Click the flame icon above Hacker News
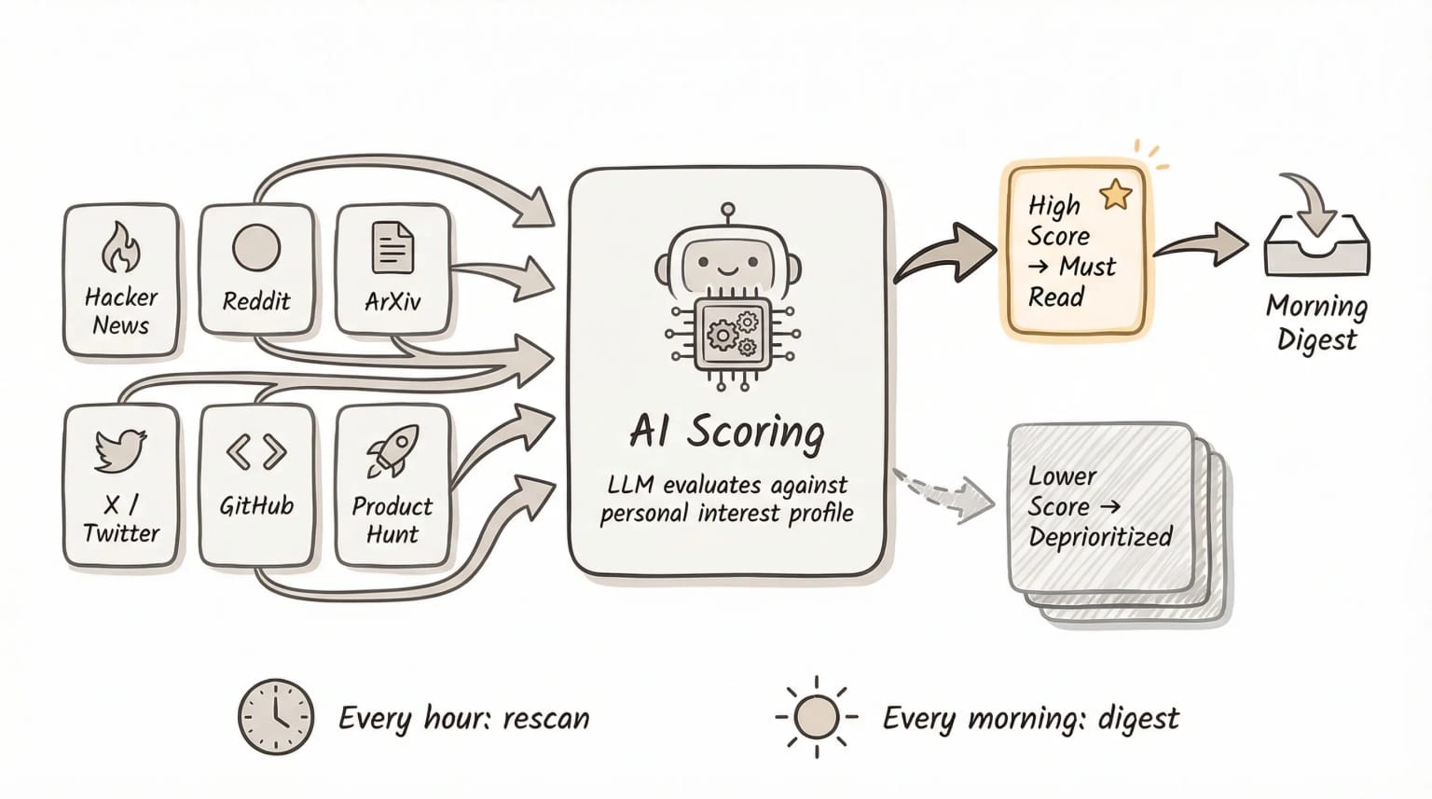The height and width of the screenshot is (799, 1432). tap(120, 247)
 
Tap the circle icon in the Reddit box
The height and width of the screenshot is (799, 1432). tap(256, 248)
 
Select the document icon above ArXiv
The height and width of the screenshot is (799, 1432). tap(392, 247)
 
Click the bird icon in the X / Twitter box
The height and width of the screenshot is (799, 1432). tap(121, 451)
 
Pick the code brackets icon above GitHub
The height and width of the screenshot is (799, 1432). tap(256, 452)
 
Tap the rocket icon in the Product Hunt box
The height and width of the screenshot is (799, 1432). tap(392, 451)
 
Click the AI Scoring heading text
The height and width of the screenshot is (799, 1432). tap(727, 432)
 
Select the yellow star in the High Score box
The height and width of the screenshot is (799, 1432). tap(1115, 195)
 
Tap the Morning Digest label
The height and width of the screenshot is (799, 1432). tap(1316, 323)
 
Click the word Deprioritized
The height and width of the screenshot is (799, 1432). tap(1100, 537)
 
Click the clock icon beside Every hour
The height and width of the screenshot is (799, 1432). tap(276, 716)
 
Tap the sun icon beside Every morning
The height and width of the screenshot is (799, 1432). tap(816, 717)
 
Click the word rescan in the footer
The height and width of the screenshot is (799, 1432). tap(545, 719)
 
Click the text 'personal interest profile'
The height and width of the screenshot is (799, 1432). tap(727, 514)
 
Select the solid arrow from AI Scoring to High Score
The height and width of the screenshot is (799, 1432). tap(943, 254)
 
